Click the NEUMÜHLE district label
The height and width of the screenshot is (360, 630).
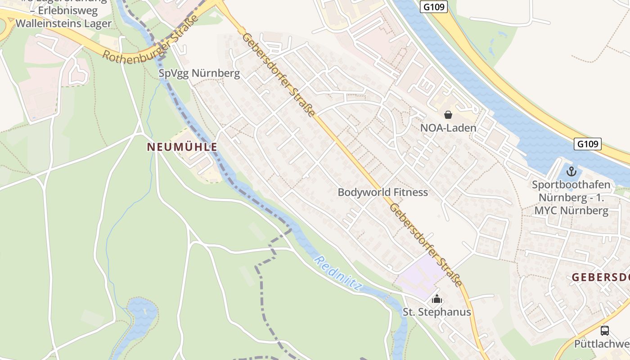182,147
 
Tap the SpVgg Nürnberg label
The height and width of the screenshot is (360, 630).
199,73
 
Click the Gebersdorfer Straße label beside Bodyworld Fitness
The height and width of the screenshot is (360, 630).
426,245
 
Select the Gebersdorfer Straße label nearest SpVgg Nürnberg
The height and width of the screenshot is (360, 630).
279,74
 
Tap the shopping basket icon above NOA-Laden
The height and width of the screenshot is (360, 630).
448,115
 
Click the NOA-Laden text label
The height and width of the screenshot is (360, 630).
448,128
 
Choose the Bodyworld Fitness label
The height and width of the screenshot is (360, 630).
382,192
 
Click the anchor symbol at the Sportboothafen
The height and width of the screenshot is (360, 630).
571,171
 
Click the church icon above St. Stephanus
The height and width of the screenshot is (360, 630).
436,299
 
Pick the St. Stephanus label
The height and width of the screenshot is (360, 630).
436,312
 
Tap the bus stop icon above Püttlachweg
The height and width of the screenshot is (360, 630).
605,331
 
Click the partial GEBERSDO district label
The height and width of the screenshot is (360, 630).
600,278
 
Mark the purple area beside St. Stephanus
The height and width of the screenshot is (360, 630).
416,274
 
